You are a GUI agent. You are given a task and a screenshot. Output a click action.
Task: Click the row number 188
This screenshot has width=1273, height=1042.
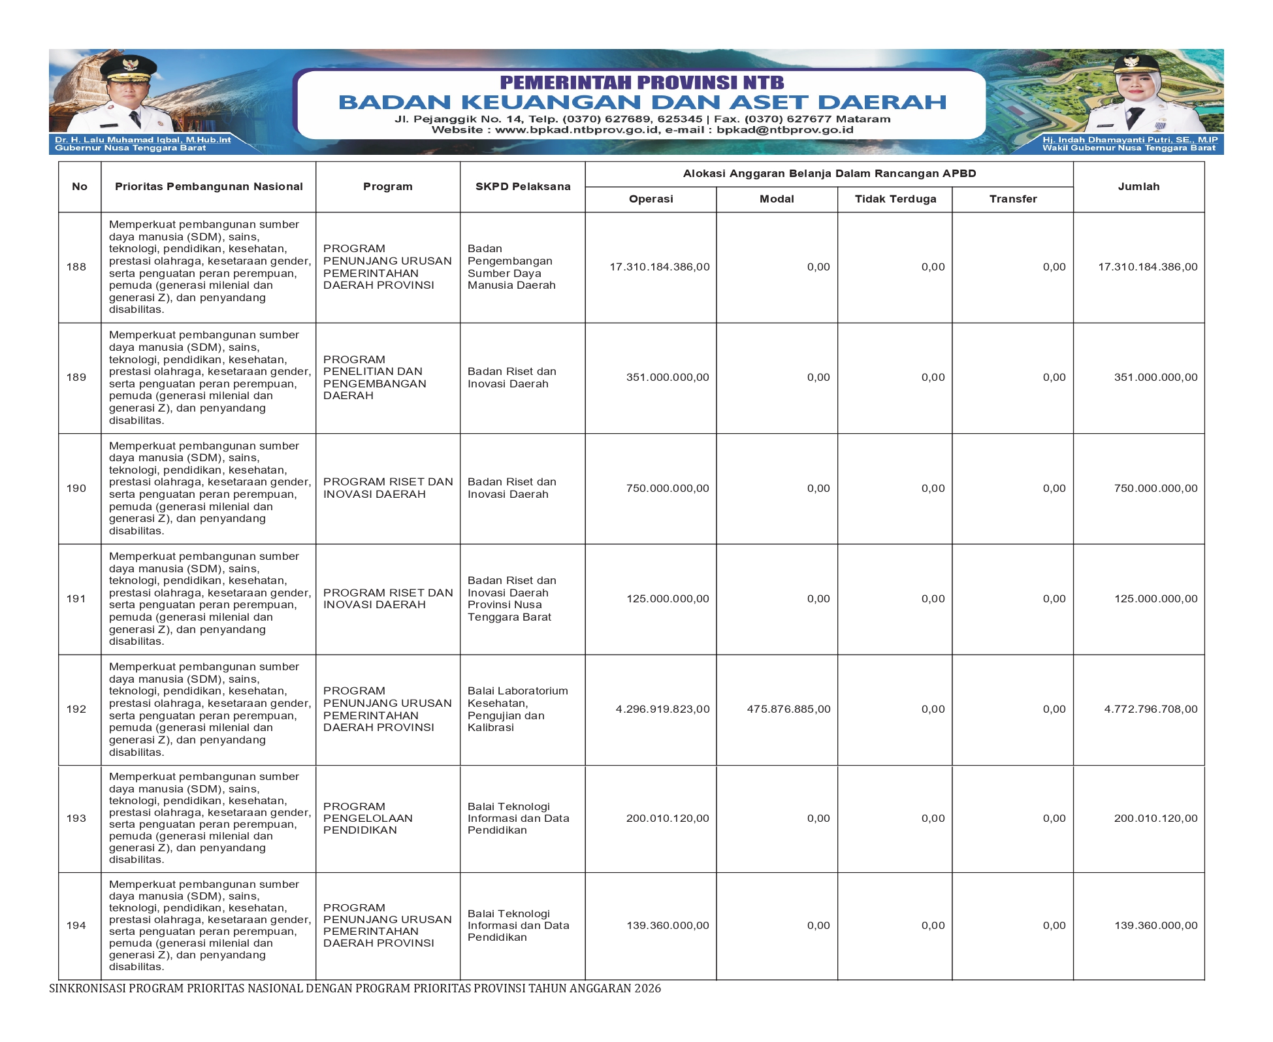coord(76,267)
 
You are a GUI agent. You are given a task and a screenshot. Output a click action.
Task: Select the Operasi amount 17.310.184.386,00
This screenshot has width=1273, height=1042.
coord(659,267)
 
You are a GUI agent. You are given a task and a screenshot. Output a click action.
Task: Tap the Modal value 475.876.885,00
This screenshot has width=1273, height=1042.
coord(788,709)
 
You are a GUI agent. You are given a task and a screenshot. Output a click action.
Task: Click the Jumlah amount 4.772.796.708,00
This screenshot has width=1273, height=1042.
coord(1150,709)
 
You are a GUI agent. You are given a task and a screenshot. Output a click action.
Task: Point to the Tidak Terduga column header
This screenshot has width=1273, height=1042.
coord(895,199)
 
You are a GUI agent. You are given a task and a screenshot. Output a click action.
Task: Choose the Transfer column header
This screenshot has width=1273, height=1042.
coord(1012,199)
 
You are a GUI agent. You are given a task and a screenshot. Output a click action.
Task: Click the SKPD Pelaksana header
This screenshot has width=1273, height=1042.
coord(523,186)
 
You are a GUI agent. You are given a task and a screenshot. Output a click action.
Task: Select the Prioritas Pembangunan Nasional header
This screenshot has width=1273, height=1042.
coord(208,186)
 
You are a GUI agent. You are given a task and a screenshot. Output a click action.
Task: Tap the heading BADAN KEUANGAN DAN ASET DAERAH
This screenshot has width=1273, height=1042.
coord(642,102)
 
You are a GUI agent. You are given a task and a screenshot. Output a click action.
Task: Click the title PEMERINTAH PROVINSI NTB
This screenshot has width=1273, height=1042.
coord(642,82)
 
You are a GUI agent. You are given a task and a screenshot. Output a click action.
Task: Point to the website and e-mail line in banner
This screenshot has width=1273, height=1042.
coord(642,129)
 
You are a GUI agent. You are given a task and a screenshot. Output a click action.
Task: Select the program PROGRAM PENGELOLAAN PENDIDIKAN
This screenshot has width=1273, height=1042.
coord(368,818)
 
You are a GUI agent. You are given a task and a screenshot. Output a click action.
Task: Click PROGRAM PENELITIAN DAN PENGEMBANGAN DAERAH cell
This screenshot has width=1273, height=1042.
coord(374,378)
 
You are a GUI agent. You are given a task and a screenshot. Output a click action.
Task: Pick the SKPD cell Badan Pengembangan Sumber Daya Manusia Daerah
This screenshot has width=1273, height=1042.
coord(511,267)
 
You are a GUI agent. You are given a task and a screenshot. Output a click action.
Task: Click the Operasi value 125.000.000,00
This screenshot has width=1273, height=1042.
coord(667,598)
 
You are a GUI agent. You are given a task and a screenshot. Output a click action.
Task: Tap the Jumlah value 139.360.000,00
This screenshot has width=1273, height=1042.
coord(1155,925)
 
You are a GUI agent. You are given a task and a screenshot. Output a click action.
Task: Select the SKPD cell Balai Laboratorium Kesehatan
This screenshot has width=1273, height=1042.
coord(517,709)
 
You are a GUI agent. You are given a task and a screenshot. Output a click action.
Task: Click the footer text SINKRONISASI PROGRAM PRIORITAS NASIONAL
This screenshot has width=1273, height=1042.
coord(355,988)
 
